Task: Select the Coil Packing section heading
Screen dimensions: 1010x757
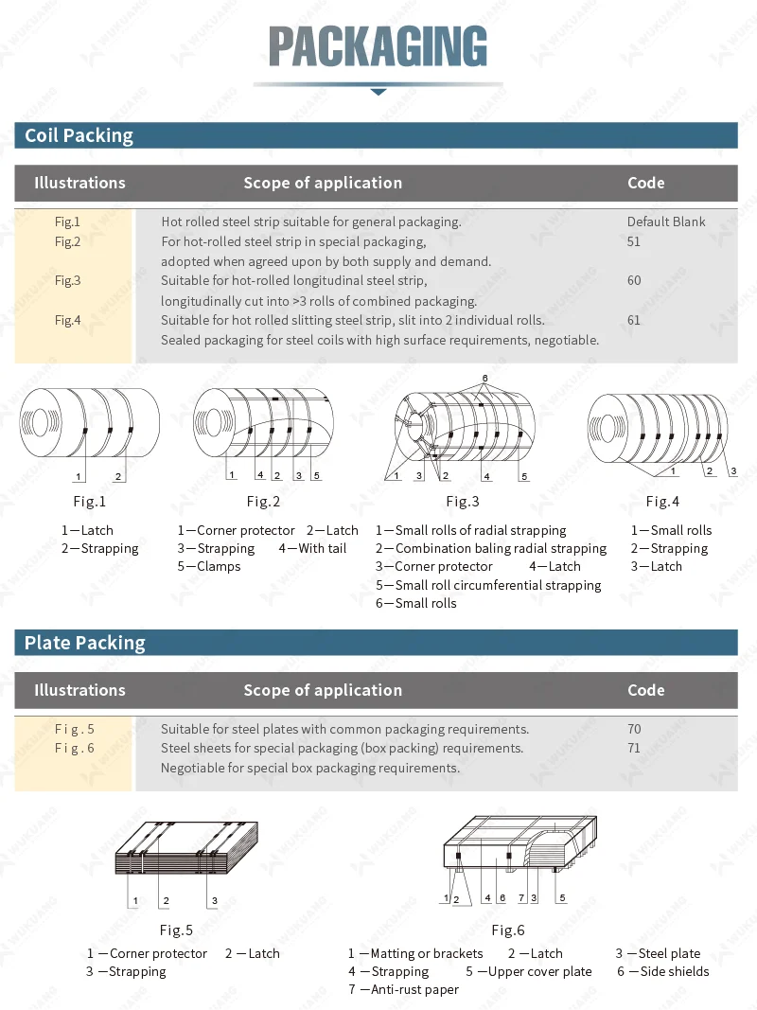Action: (x=79, y=135)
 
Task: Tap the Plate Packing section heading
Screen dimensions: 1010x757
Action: (x=84, y=643)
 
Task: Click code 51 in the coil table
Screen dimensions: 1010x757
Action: (x=633, y=241)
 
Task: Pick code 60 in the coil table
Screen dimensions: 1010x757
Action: (x=633, y=280)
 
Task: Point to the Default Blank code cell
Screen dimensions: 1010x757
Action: (x=666, y=221)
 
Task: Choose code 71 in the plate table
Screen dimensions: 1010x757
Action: (x=633, y=748)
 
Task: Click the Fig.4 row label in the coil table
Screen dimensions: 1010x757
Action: (x=67, y=320)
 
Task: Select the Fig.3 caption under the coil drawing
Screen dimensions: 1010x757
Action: (x=463, y=502)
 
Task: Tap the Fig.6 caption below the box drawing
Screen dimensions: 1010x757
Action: (x=508, y=930)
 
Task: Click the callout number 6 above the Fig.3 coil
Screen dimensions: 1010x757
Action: (x=484, y=378)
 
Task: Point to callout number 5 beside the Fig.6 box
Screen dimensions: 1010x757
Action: (x=562, y=896)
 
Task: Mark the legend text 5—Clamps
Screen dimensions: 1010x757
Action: (x=209, y=566)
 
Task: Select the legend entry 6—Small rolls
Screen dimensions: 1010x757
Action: (x=416, y=603)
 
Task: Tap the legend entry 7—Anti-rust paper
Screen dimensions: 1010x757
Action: (x=403, y=989)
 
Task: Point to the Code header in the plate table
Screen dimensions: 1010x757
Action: (x=645, y=690)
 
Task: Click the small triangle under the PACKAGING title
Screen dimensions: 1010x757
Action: (x=378, y=92)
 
